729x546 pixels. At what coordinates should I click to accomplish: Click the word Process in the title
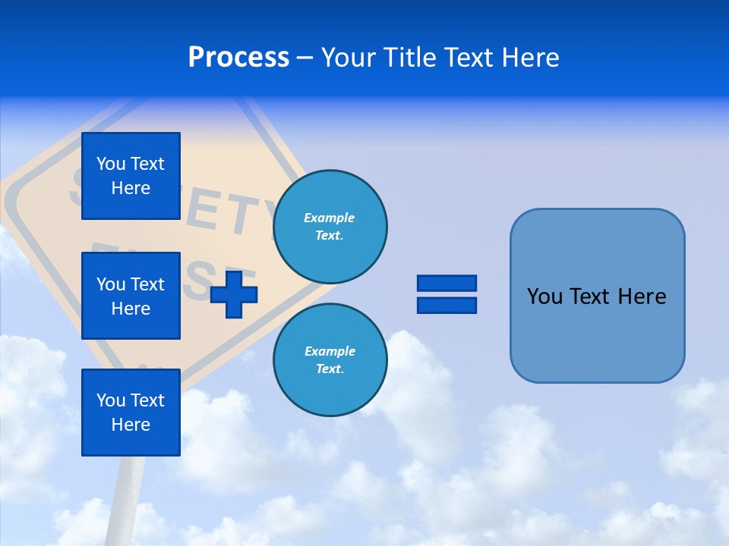(238, 58)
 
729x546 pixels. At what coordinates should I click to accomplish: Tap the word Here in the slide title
(529, 58)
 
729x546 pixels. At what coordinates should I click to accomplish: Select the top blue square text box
(131, 176)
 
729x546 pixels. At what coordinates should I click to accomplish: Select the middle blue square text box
(131, 296)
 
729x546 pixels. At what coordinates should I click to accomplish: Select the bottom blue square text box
(131, 413)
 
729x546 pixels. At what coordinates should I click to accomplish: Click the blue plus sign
(234, 294)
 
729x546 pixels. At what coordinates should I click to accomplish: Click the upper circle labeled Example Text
(330, 227)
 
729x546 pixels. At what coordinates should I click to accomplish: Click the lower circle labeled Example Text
(330, 360)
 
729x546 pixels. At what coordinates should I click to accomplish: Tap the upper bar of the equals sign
(447, 283)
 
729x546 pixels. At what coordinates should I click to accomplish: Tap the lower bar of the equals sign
(447, 305)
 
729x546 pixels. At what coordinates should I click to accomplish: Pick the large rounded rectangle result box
(597, 334)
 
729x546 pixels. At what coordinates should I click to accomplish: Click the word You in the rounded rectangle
(545, 297)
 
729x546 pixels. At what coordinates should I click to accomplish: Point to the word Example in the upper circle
(329, 218)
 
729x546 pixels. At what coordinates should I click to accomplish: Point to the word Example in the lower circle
(329, 352)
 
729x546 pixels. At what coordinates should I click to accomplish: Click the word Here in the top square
(131, 189)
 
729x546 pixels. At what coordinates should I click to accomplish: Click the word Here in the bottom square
(131, 425)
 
